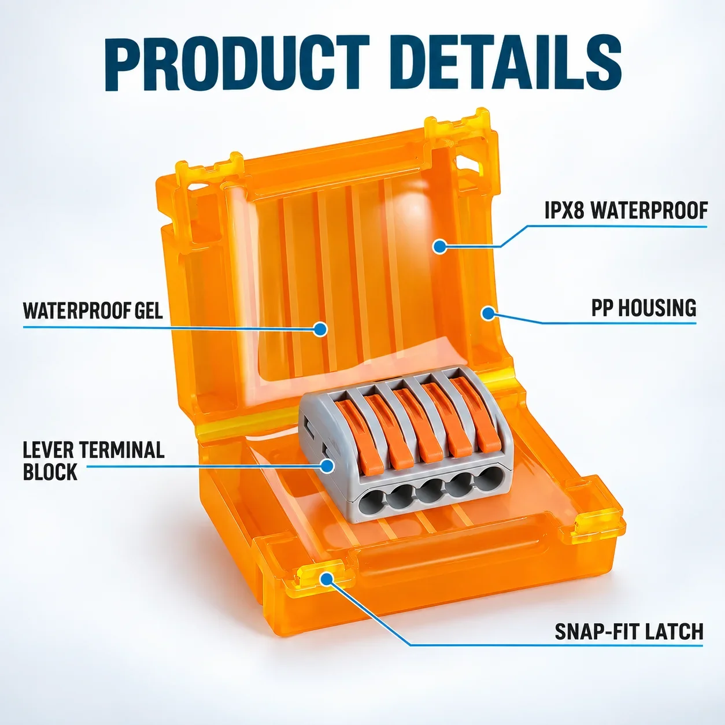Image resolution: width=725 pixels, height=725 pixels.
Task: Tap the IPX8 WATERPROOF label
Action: coord(626,210)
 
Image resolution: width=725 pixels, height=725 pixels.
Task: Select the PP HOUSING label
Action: coord(643,308)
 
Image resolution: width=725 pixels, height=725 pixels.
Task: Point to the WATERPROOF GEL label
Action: coord(93,310)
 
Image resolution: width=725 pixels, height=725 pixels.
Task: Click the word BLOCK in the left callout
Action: coord(50,471)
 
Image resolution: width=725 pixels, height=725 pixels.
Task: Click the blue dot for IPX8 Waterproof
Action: coord(439,247)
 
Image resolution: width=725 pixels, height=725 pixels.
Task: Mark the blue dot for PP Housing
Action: coord(488,313)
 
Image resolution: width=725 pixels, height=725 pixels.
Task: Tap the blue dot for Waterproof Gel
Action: coord(320,328)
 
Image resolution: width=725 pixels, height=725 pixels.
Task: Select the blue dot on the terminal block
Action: coord(327,466)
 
